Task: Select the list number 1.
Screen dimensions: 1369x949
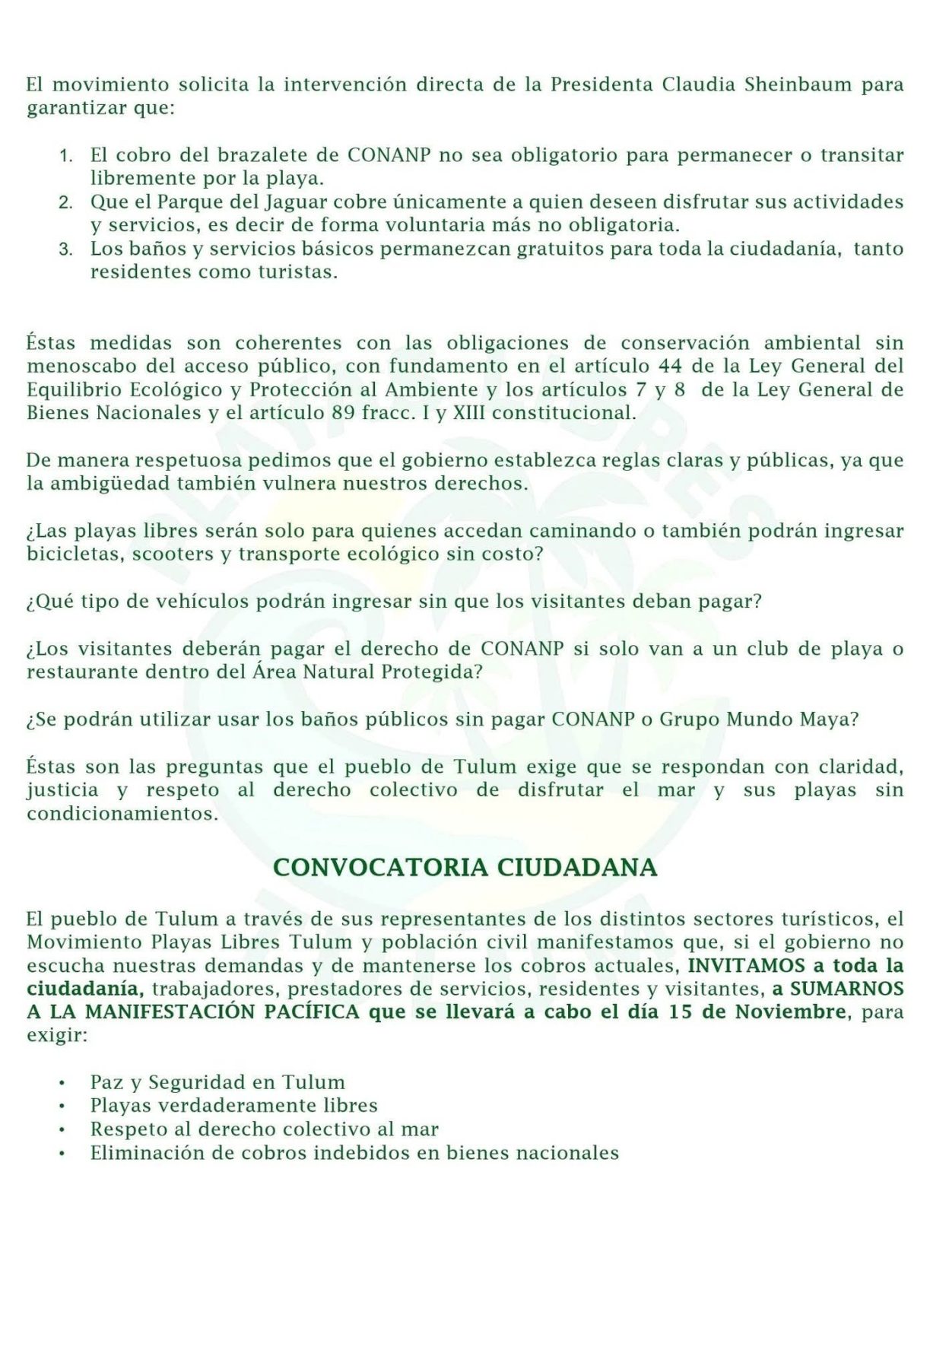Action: pyautogui.click(x=66, y=157)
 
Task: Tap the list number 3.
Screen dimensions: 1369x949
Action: pyautogui.click(x=66, y=250)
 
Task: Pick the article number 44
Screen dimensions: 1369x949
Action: pyautogui.click(x=670, y=366)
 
